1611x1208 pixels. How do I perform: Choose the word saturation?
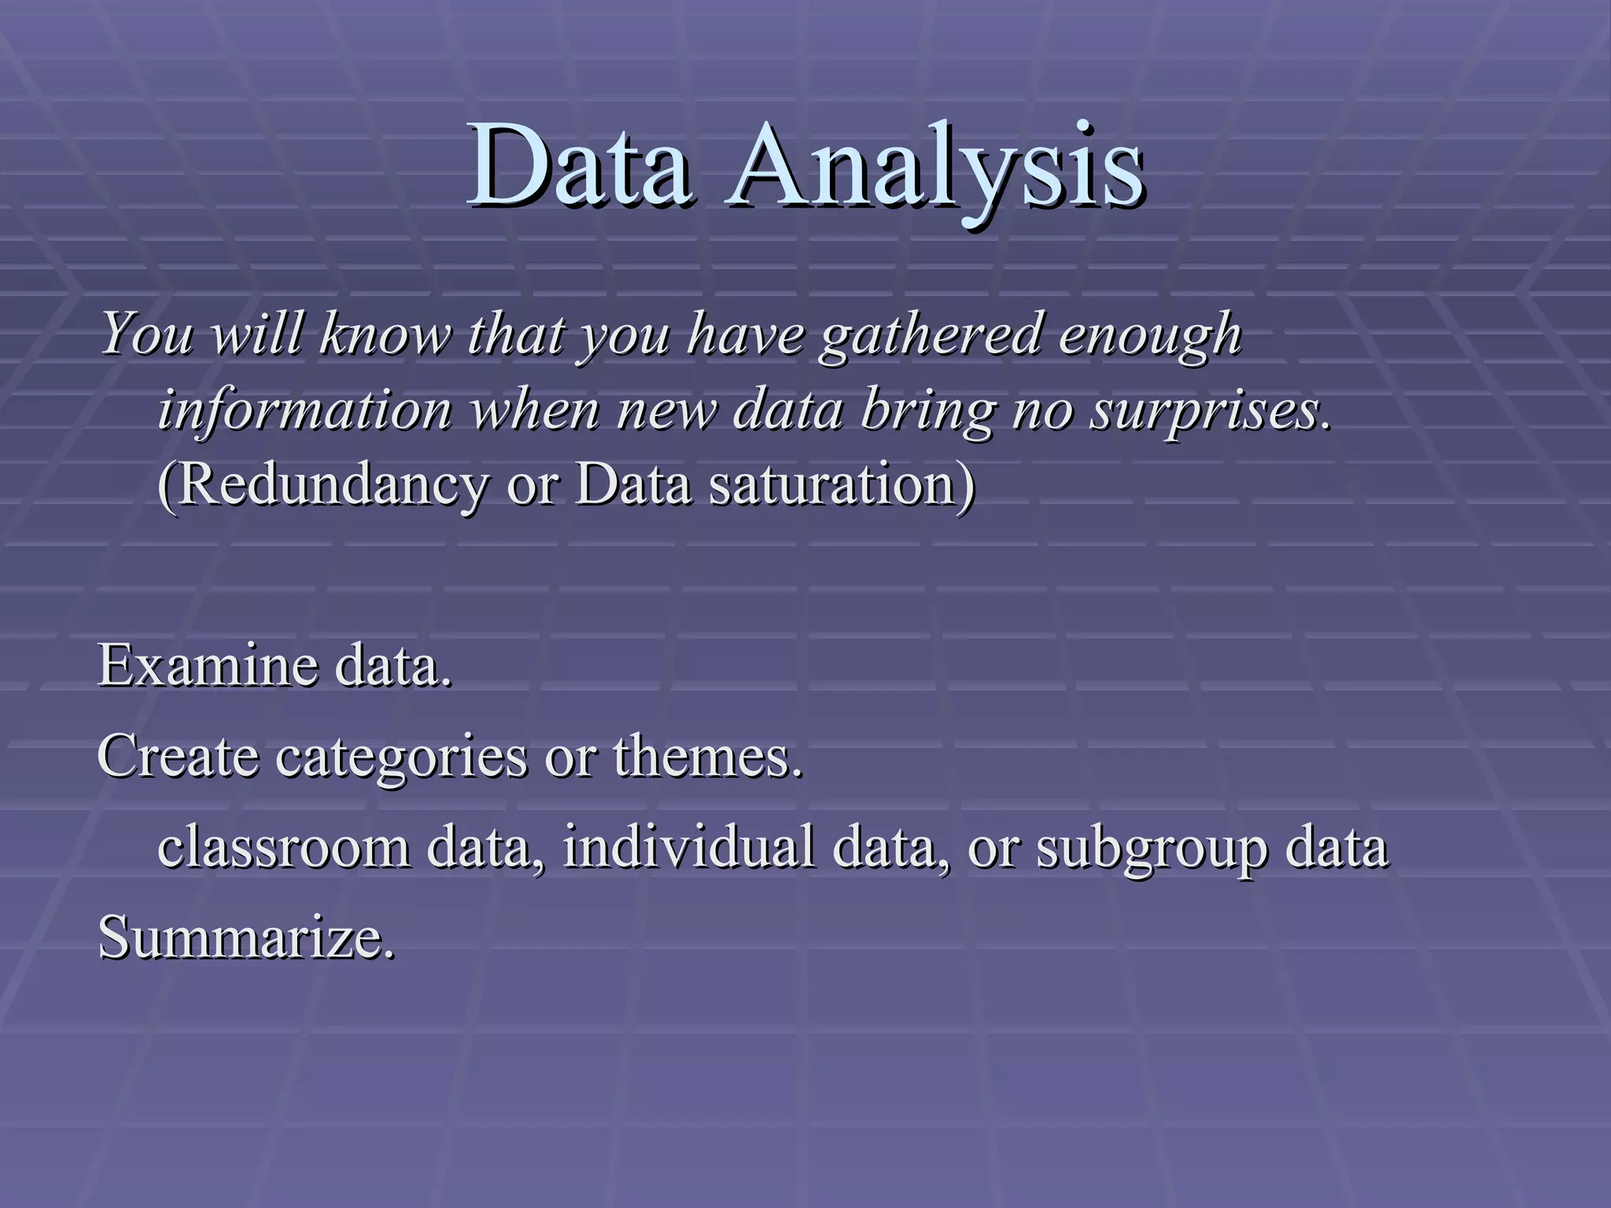(x=834, y=484)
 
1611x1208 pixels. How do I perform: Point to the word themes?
(x=708, y=757)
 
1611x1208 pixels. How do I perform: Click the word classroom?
(x=283, y=848)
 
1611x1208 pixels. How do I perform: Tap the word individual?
(x=688, y=848)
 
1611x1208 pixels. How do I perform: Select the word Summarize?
(x=246, y=937)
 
